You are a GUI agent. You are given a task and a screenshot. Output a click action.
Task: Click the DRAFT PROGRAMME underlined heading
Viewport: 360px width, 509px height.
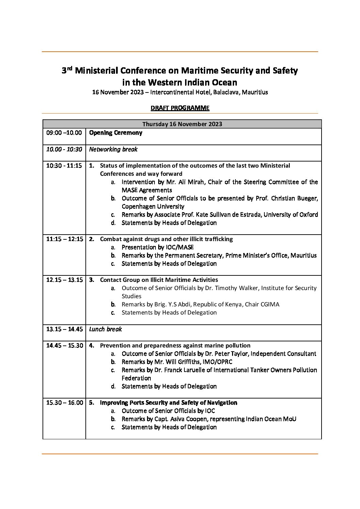180,108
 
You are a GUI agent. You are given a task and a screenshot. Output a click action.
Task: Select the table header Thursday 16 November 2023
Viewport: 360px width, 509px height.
182,124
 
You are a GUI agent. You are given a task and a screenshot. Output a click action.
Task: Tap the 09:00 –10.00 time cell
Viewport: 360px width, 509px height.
64,133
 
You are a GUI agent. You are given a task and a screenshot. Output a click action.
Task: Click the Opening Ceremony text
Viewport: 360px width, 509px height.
116,133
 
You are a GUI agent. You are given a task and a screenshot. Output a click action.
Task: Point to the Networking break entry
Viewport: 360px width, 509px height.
113,149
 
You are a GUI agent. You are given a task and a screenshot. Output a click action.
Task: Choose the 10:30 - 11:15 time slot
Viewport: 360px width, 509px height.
64,166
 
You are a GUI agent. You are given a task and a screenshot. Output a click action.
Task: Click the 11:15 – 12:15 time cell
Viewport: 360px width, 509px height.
64,239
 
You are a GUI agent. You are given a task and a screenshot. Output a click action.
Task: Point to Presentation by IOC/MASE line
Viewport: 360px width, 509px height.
158,247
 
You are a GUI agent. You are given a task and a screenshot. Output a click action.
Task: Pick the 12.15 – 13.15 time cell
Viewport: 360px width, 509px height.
64,280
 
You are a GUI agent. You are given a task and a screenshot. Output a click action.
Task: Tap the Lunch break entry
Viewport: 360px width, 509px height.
105,329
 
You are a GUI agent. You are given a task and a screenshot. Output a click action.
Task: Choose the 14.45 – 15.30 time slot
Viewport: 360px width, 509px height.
64,345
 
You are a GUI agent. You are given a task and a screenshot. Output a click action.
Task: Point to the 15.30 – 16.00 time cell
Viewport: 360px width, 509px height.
64,403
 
